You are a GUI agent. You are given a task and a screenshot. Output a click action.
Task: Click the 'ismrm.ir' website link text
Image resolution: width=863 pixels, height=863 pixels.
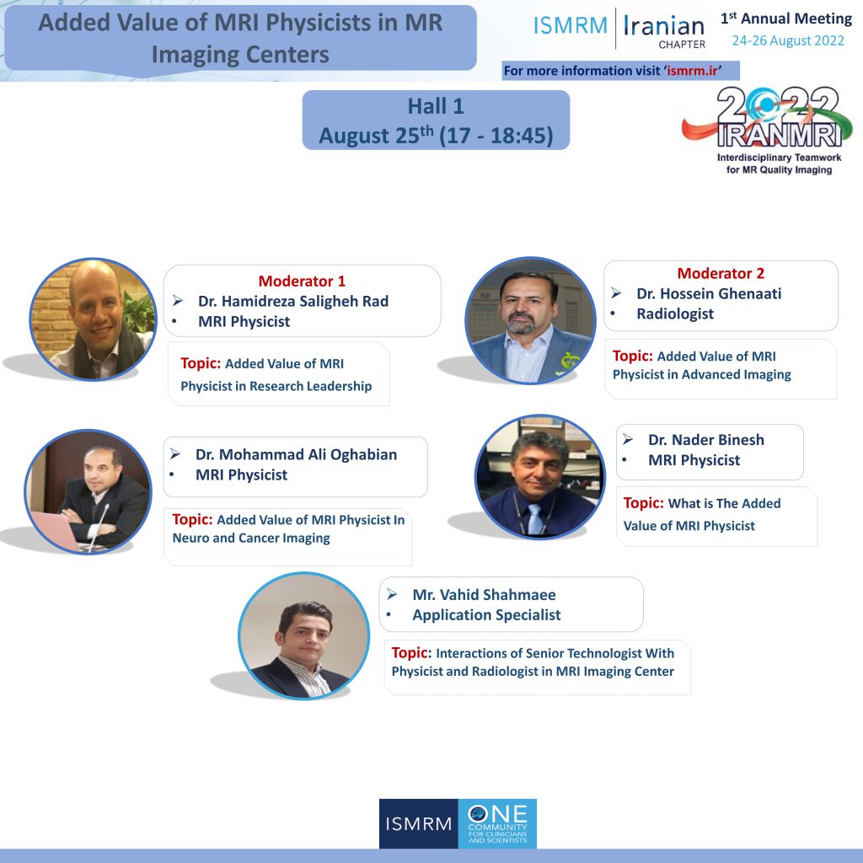coord(692,71)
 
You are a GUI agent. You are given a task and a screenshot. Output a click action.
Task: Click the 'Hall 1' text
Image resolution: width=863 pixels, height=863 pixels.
coord(436,106)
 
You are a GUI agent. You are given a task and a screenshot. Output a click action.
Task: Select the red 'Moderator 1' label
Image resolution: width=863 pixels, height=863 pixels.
coord(302,281)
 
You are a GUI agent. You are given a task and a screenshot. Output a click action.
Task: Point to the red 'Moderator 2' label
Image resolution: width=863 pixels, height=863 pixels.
coord(721,273)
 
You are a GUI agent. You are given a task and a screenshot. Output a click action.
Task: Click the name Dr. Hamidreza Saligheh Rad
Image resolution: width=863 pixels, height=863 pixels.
coord(292,301)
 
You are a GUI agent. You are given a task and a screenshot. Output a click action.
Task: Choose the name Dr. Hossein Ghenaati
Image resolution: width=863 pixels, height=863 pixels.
coord(709,293)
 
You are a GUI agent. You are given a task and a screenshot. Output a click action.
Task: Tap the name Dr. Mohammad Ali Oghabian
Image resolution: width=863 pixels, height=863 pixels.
coord(296,454)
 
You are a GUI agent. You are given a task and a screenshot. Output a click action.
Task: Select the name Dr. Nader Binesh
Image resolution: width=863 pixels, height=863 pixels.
coord(706,440)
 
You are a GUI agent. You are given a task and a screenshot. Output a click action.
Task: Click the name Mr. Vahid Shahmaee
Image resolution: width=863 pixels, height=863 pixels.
coord(485,594)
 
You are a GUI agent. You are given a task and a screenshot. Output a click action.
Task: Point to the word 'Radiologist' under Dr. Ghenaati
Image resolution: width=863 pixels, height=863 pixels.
coord(675,314)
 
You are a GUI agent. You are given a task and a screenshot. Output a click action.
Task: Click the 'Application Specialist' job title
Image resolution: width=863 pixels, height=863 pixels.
coord(486,614)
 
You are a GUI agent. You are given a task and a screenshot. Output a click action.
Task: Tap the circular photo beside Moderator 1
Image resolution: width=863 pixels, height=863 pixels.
coord(93,319)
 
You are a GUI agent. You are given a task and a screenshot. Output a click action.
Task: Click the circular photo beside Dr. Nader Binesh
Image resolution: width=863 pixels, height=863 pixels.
coord(539,477)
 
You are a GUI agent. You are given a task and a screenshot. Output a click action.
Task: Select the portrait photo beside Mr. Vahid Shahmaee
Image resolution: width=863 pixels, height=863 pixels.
coord(303,635)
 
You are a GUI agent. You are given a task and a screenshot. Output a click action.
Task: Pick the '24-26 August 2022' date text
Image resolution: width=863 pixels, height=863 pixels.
coord(788,40)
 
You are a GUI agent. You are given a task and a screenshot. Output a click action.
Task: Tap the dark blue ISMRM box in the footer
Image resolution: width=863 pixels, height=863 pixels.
coord(418,823)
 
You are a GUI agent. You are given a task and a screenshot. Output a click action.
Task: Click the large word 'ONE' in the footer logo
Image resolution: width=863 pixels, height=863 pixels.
coord(497,814)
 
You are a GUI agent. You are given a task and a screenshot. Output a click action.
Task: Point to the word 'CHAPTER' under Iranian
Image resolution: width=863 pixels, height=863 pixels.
coord(682,45)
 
